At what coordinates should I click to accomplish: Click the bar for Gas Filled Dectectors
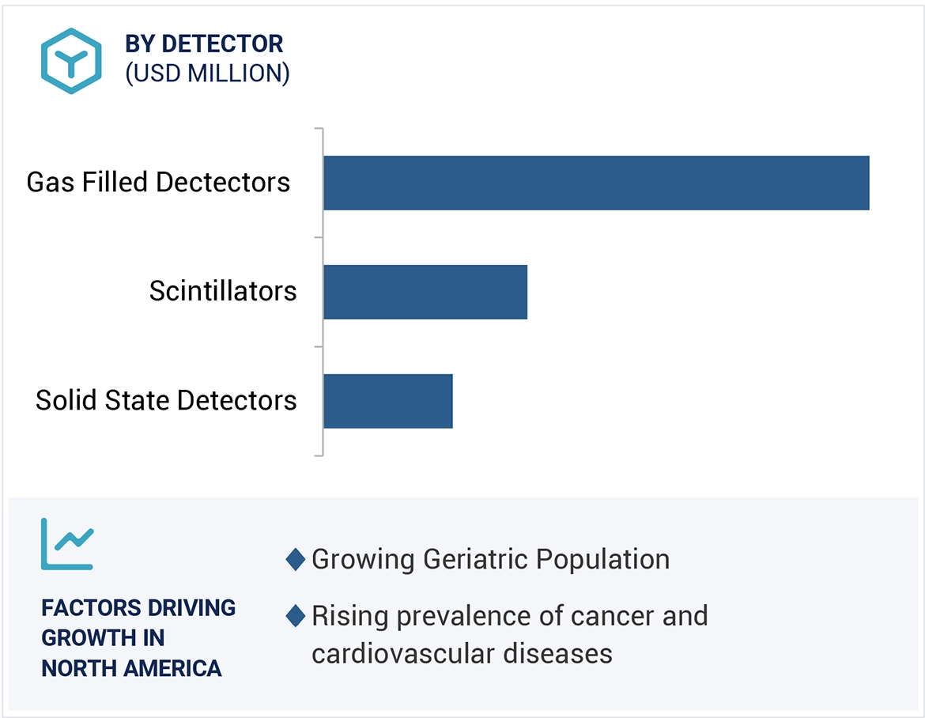[596, 183]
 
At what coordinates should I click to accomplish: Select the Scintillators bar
[425, 292]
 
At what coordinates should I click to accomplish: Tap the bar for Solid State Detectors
[387, 401]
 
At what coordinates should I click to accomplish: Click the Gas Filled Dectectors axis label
[158, 183]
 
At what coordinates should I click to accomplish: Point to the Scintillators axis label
[223, 292]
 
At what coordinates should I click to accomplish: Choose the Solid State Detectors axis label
[166, 401]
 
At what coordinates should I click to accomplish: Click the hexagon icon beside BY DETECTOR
[72, 61]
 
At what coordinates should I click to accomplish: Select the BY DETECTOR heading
[204, 44]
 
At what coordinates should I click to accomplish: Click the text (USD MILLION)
[207, 74]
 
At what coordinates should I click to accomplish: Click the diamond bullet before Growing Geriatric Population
[296, 560]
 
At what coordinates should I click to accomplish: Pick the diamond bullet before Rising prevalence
[296, 616]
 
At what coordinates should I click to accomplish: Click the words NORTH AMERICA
[131, 668]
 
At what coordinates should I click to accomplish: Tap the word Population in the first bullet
[602, 560]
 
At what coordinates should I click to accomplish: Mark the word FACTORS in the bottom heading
[87, 608]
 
